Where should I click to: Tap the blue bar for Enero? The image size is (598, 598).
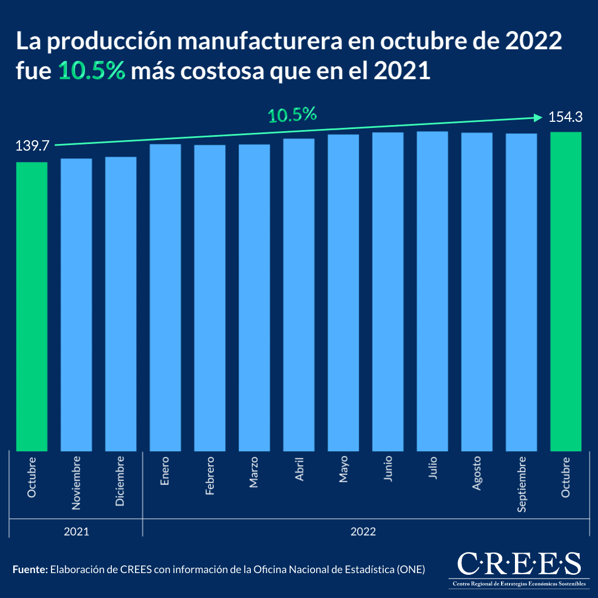pyautogui.click(x=165, y=297)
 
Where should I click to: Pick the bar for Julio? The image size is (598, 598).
pyautogui.click(x=432, y=291)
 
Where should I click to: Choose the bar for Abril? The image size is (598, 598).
pyautogui.click(x=298, y=295)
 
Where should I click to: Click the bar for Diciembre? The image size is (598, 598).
pyautogui.click(x=121, y=304)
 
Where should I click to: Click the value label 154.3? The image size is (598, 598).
pyautogui.click(x=565, y=117)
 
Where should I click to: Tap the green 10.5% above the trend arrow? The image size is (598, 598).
pyautogui.click(x=292, y=115)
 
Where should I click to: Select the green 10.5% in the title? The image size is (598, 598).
pyautogui.click(x=92, y=72)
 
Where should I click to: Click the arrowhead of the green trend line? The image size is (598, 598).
pyautogui.click(x=537, y=117)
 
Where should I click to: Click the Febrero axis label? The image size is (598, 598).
pyautogui.click(x=210, y=476)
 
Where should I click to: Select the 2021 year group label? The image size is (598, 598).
pyautogui.click(x=76, y=532)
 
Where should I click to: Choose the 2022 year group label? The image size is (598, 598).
pyautogui.click(x=363, y=532)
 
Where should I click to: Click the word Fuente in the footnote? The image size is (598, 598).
pyautogui.click(x=30, y=569)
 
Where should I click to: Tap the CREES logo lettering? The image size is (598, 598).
pyautogui.click(x=519, y=564)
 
